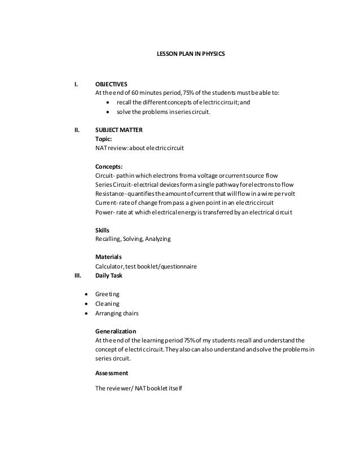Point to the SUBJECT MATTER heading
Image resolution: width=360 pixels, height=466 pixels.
118,129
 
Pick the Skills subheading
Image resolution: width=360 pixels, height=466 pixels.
102,230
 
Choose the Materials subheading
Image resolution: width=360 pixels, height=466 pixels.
108,257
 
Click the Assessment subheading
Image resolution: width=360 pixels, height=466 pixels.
112,373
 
